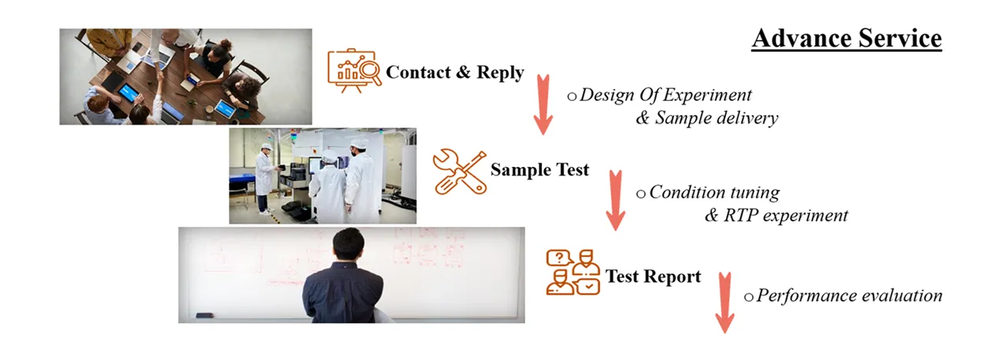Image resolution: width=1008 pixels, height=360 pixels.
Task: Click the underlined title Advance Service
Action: (x=847, y=39)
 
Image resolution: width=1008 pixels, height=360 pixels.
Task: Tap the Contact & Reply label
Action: (x=455, y=72)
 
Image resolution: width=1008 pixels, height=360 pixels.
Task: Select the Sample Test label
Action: (x=539, y=169)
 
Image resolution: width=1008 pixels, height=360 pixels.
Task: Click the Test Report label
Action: (x=653, y=276)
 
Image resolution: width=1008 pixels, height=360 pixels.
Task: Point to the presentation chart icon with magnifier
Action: (x=354, y=71)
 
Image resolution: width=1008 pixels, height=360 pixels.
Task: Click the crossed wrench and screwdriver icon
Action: (x=459, y=172)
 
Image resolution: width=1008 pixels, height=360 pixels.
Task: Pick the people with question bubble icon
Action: (x=573, y=273)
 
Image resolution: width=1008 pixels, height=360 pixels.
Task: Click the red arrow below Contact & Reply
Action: (x=543, y=105)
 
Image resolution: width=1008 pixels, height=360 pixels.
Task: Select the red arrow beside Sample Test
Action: (x=615, y=201)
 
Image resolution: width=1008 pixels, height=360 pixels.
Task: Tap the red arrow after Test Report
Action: (x=724, y=302)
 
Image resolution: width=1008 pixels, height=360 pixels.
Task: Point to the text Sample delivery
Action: (x=717, y=118)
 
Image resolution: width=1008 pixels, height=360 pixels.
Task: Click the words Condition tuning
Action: (x=714, y=192)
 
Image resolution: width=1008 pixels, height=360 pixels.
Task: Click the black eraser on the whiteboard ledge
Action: (x=206, y=315)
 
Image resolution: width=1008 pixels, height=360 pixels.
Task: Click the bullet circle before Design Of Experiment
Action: (x=572, y=97)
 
